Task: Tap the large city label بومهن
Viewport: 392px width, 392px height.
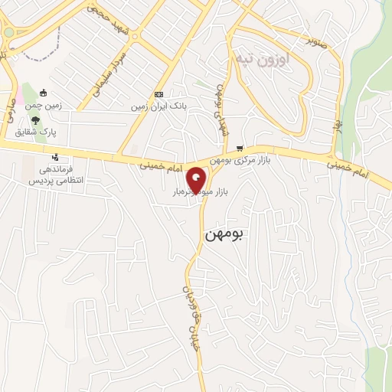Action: [x=224, y=234]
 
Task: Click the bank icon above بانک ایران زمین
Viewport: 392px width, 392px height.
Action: [x=158, y=94]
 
